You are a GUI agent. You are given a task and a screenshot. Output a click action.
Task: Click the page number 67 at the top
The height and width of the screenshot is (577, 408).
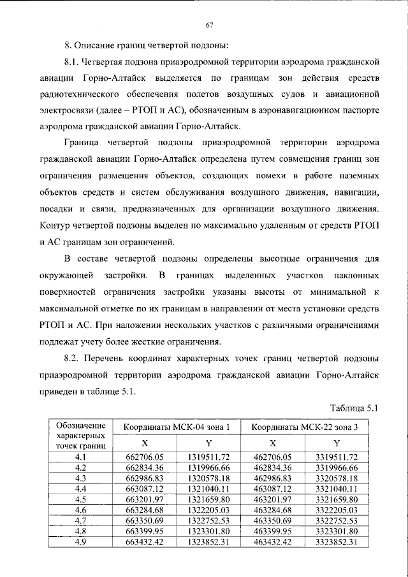click(x=208, y=25)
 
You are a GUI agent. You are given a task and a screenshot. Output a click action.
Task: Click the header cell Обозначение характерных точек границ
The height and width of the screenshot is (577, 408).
click(x=80, y=434)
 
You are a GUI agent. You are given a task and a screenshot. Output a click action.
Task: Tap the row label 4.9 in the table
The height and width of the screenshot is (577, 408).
click(x=80, y=542)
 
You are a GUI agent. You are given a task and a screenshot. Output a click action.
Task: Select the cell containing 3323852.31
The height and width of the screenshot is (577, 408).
click(x=337, y=542)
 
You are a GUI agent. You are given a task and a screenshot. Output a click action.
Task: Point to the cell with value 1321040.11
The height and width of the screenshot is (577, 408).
click(x=208, y=487)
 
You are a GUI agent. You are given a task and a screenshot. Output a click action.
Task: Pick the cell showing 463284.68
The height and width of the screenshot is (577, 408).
click(x=272, y=509)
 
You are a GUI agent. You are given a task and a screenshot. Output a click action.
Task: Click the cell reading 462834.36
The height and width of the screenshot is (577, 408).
click(x=272, y=467)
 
